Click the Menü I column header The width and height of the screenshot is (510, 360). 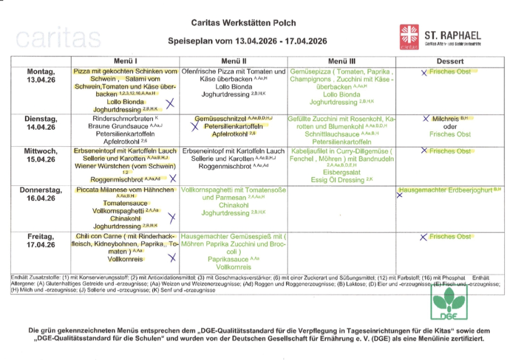click(126, 61)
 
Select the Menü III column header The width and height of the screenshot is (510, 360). click(342, 61)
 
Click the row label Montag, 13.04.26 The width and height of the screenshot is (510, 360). click(41, 76)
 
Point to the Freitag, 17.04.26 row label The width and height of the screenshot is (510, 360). click(41, 240)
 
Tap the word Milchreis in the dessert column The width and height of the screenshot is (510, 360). click(445, 118)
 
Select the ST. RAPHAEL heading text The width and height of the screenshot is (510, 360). click(453, 35)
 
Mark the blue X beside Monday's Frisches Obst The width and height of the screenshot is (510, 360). click(423, 73)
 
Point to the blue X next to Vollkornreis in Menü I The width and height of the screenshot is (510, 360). click(172, 258)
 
